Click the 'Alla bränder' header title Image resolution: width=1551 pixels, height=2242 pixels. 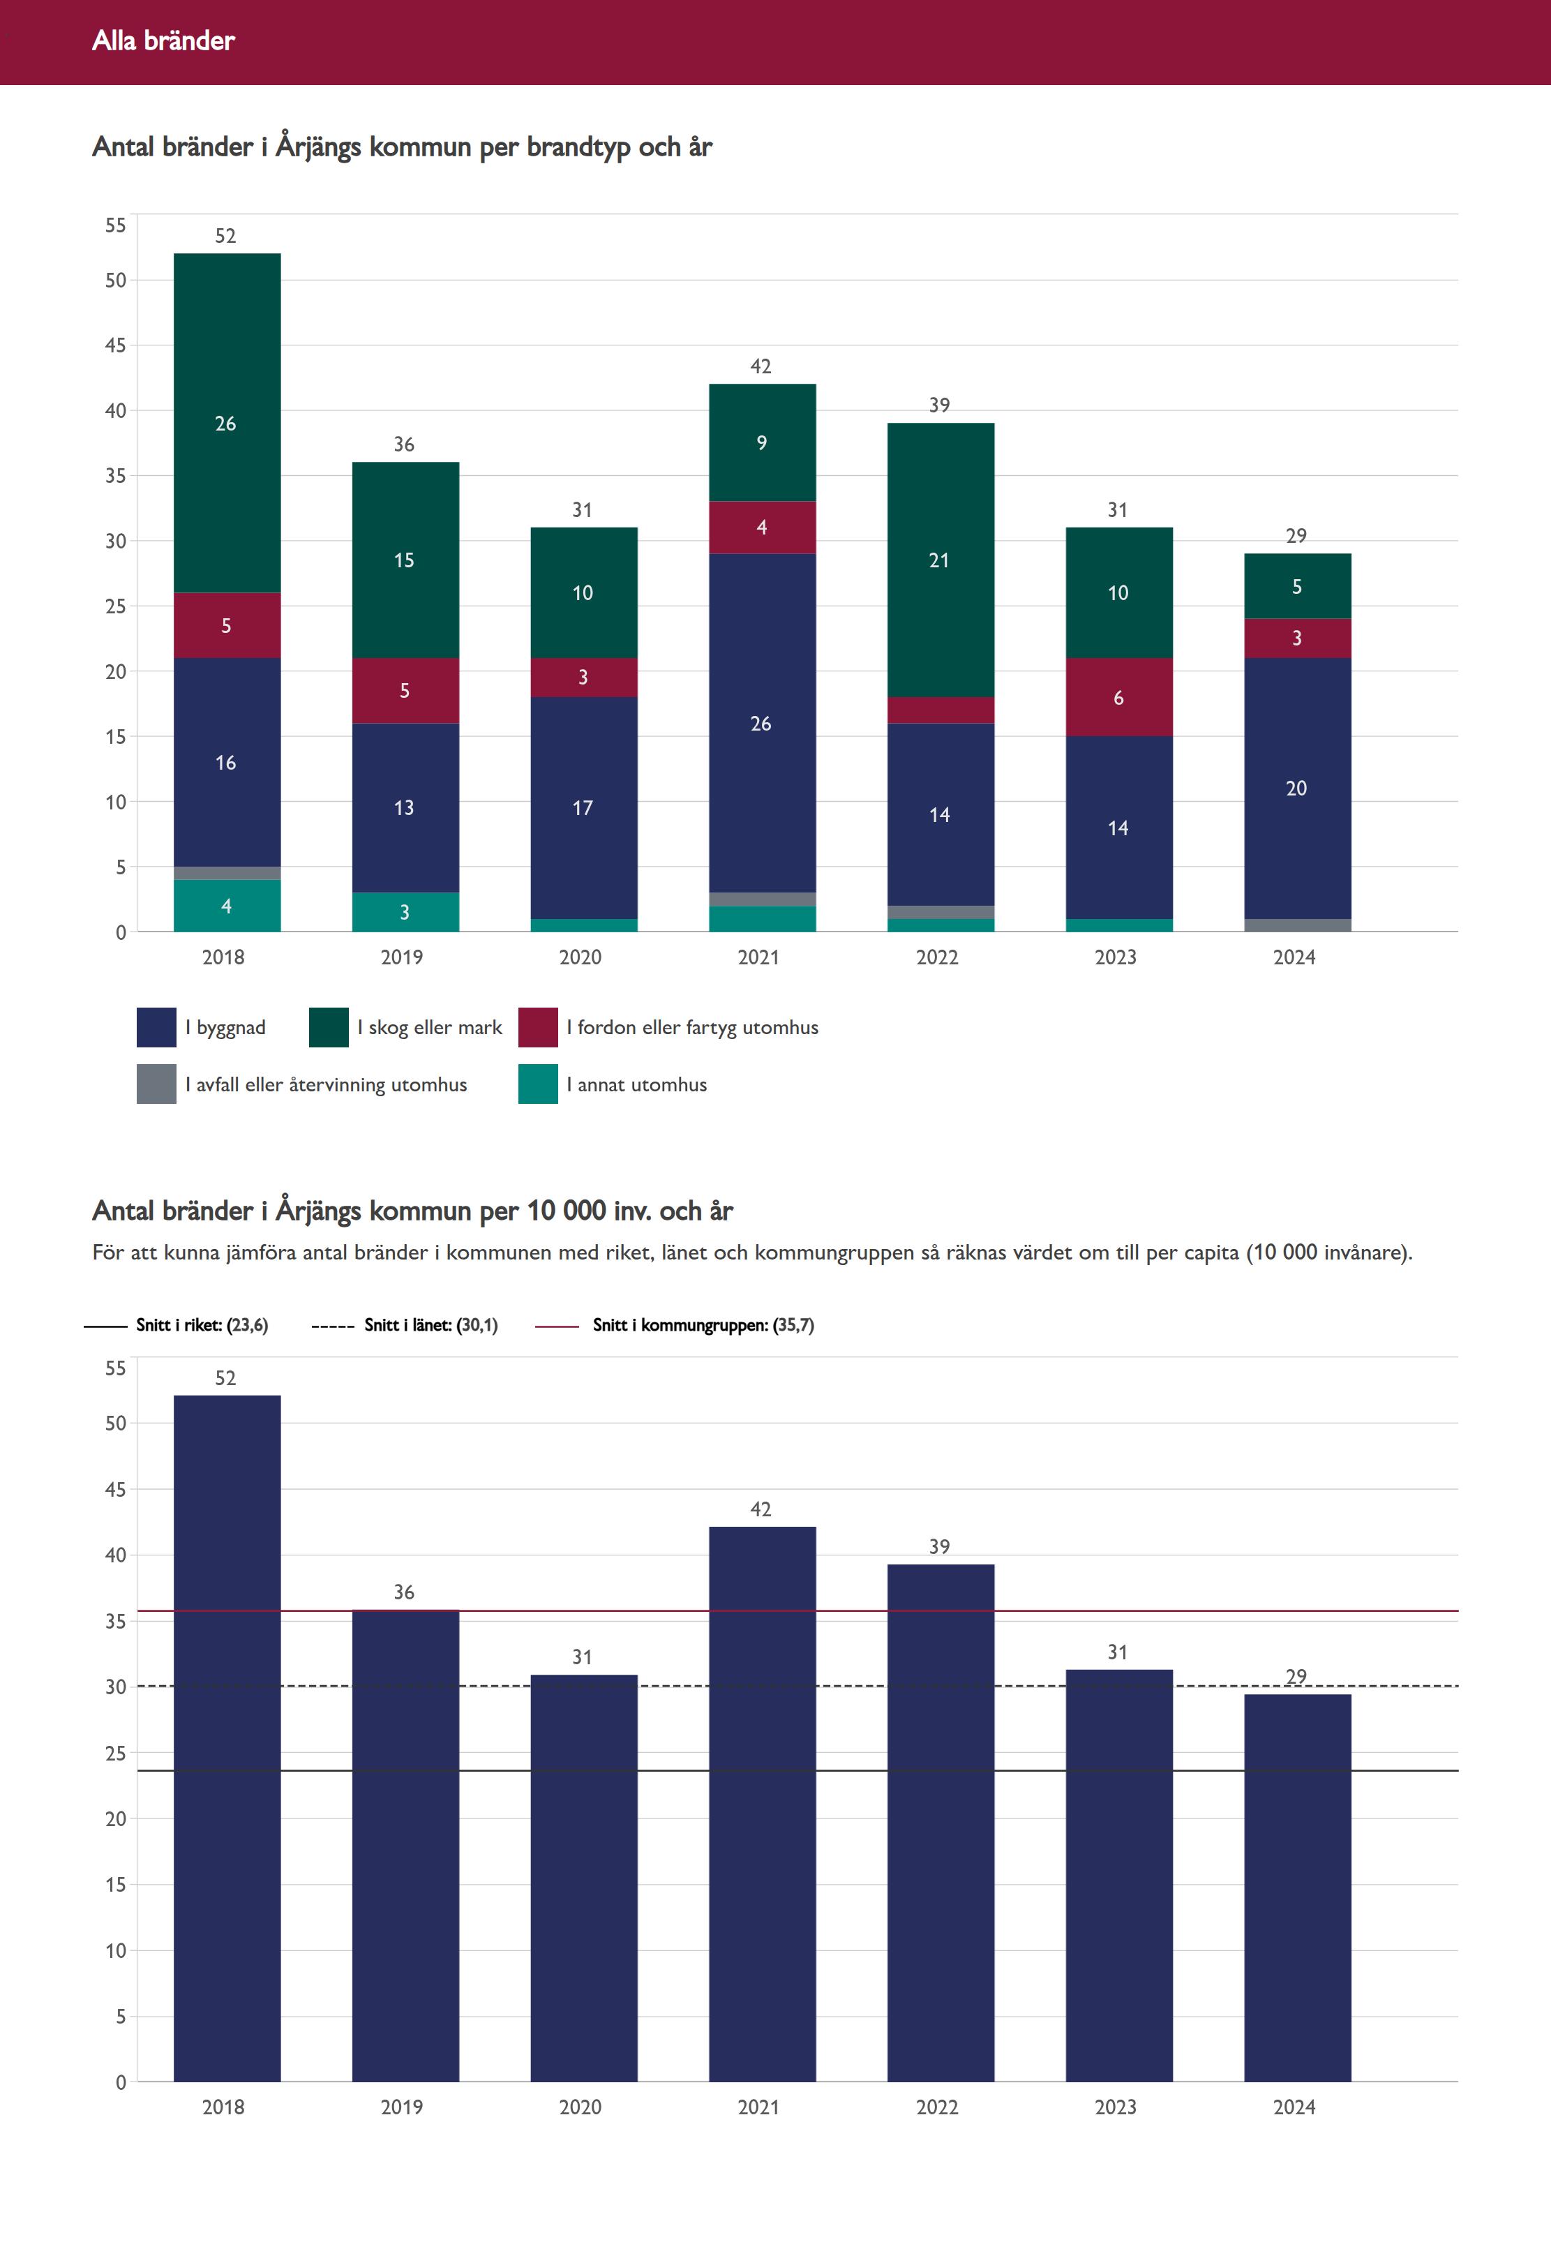point(163,40)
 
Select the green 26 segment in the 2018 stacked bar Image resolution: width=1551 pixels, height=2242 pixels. point(227,423)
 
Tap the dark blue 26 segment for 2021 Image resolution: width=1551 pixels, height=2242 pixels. point(762,723)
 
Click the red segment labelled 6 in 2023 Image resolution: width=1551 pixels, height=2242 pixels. point(1118,697)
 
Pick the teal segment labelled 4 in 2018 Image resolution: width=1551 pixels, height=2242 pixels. point(227,906)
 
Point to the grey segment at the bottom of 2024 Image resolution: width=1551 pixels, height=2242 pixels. point(1297,925)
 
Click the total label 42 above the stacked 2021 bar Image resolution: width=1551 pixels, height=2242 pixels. point(761,366)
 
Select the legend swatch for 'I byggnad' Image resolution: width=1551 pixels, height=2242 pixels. point(156,1027)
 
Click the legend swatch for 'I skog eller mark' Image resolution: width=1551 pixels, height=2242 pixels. point(329,1027)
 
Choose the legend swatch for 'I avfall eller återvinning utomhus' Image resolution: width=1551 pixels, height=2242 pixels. point(156,1084)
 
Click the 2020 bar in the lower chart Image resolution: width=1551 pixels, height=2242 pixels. point(584,1878)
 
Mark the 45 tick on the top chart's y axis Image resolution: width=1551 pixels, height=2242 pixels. point(116,345)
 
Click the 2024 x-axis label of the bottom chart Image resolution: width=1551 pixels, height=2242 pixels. point(1294,2107)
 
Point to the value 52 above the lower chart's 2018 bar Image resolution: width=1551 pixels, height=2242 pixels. point(225,1378)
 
